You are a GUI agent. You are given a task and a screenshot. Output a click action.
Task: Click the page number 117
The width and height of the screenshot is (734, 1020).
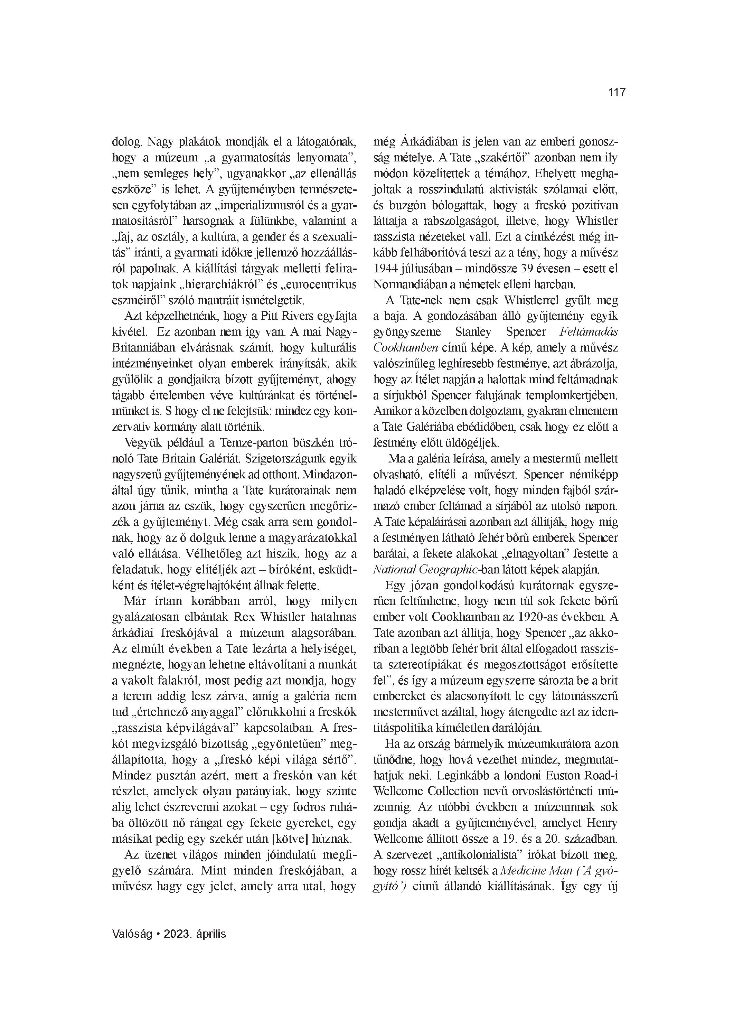[617, 93]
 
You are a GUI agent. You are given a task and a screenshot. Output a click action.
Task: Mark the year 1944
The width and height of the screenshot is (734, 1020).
[385, 269]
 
